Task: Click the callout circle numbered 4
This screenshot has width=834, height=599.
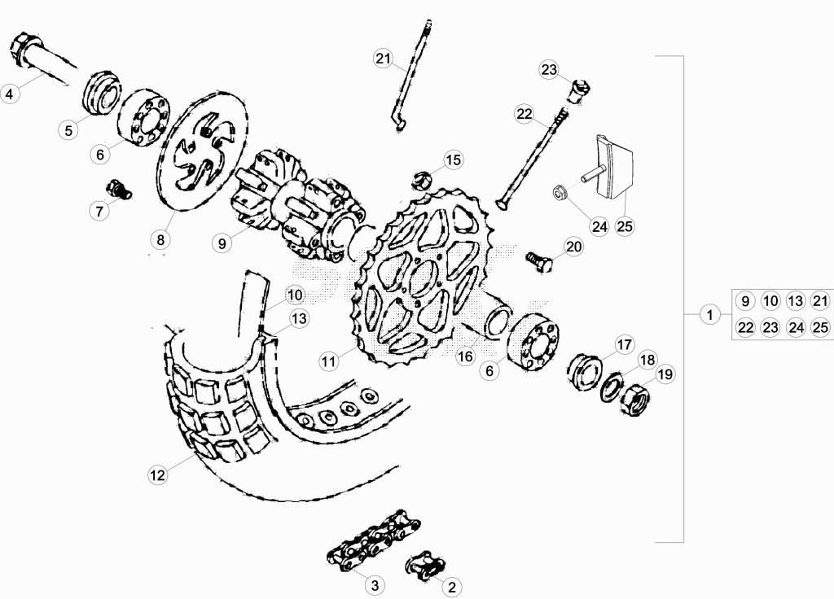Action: click(10, 94)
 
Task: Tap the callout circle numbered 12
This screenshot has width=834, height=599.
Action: click(157, 474)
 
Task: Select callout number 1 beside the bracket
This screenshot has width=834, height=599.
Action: click(709, 315)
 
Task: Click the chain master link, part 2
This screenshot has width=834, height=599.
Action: click(425, 565)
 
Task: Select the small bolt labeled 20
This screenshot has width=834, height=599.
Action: click(539, 261)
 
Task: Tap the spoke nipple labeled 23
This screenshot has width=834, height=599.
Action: click(582, 90)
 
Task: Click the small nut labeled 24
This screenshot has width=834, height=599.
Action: click(559, 192)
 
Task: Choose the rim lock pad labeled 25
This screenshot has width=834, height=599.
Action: click(613, 165)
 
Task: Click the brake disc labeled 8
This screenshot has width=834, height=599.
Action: click(202, 150)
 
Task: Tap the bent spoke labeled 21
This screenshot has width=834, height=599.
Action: click(411, 74)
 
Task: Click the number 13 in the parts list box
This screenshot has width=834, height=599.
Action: click(795, 301)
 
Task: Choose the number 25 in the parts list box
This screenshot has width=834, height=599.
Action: click(820, 327)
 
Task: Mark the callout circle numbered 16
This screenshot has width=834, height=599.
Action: click(465, 356)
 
